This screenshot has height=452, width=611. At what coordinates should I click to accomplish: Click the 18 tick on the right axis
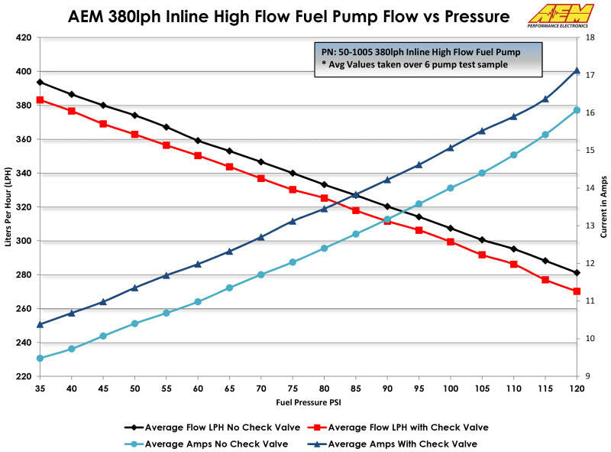click(x=590, y=37)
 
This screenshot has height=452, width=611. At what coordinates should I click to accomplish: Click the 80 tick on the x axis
click(x=325, y=389)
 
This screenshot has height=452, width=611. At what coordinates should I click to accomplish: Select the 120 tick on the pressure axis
click(x=577, y=389)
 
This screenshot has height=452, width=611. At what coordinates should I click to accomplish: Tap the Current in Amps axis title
click(x=603, y=207)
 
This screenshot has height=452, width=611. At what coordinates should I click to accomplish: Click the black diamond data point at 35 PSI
click(x=40, y=82)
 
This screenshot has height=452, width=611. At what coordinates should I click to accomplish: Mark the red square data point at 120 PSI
click(x=577, y=291)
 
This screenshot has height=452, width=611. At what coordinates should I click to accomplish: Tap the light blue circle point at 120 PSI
click(x=577, y=110)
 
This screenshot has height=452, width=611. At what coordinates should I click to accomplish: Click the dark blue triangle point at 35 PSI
click(x=40, y=324)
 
